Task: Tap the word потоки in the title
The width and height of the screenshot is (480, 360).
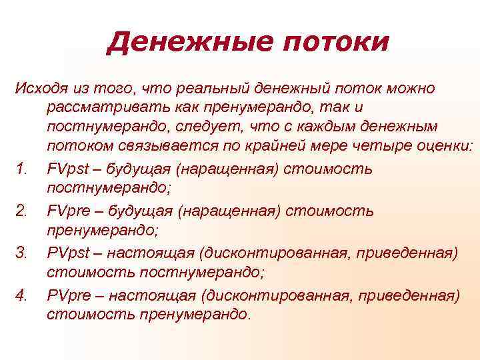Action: click(333, 43)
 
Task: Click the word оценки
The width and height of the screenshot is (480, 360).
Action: click(443, 146)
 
